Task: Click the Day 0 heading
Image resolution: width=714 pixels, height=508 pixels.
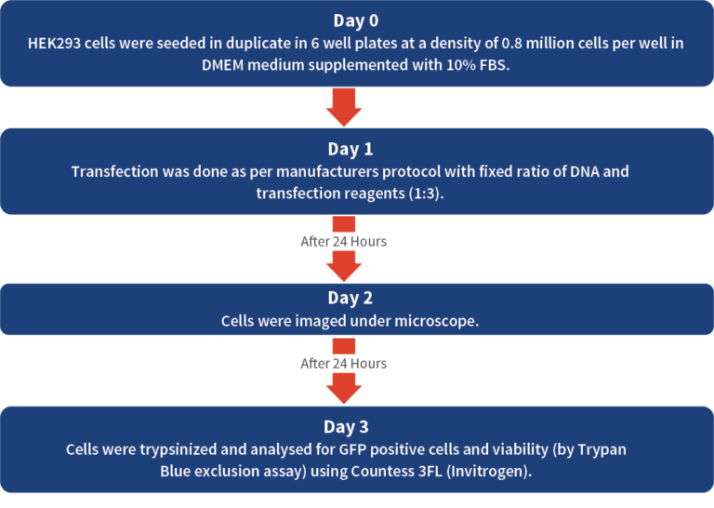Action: pos(356,21)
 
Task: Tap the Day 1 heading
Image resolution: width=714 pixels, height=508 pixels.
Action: pos(350,150)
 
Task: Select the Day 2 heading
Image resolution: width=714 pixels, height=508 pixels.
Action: pos(350,298)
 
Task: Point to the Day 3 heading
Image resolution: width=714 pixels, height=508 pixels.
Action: pos(346,427)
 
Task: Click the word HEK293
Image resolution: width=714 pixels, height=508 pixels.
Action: pos(54,44)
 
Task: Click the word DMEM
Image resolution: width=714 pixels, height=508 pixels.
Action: pos(223,65)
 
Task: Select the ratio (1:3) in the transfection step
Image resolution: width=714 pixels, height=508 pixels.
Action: pos(426,194)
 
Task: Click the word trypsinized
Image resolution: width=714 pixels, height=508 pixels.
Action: pos(178,450)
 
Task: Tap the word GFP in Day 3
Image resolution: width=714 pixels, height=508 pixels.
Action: pos(352,449)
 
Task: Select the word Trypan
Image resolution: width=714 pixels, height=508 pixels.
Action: pos(602,450)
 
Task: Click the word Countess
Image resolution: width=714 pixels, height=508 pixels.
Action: pos(381,471)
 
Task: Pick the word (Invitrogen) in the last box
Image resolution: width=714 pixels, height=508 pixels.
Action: pos(489,472)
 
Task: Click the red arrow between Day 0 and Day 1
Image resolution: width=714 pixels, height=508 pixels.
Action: pos(344,107)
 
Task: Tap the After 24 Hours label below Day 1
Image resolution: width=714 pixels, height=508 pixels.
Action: pos(344,241)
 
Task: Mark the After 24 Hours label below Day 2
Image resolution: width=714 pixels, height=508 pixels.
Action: pos(344,364)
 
